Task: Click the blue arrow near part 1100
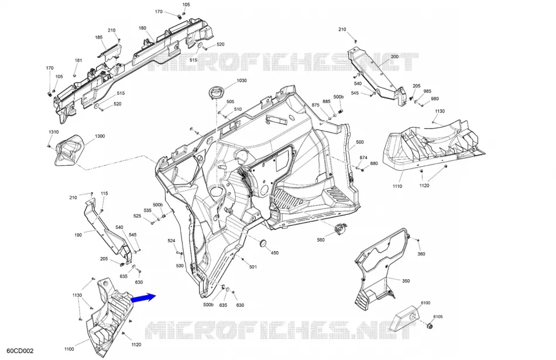143,297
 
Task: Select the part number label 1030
242,81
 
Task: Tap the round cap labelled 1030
216,92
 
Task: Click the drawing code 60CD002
20,351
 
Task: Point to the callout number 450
275,253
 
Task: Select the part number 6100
425,303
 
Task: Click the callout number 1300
100,136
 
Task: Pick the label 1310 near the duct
53,132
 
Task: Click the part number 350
406,281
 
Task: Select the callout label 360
421,254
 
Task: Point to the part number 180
143,28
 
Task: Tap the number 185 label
98,37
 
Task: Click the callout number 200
394,56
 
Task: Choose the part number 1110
397,186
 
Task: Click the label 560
321,240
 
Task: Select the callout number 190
78,235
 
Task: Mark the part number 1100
69,349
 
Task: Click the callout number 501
253,267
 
